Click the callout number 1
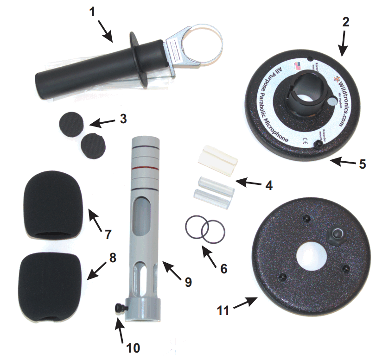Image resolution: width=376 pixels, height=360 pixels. pyautogui.click(x=92, y=11)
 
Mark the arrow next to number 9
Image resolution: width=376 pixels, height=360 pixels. pyautogui.click(x=171, y=270)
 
